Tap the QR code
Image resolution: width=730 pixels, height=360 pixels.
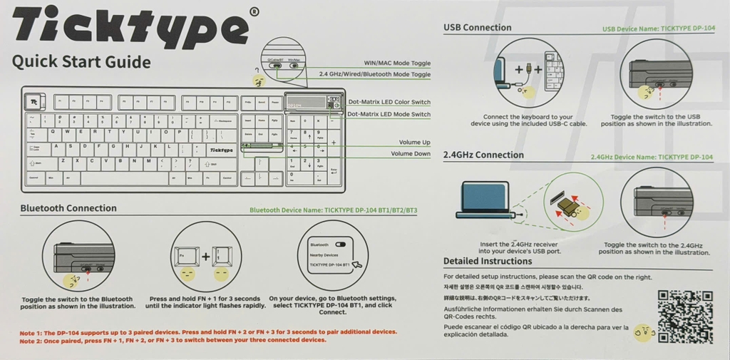click(684, 317)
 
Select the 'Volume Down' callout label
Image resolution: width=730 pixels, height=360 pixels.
click(411, 154)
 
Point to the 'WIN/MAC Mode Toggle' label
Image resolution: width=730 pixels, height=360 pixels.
click(397, 63)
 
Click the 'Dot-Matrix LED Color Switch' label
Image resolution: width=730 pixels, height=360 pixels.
click(389, 103)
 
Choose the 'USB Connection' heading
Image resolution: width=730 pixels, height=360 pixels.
click(477, 28)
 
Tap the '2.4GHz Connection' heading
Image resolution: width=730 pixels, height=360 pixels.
click(483, 155)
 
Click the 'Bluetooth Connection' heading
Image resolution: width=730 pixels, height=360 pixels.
click(68, 208)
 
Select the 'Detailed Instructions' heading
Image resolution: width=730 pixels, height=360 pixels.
click(488, 261)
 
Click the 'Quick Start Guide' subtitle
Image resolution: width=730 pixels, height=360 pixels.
click(81, 62)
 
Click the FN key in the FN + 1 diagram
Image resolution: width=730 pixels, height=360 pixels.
click(186, 257)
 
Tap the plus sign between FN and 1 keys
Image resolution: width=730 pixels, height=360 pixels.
click(205, 257)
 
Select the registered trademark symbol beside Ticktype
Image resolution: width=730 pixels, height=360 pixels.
click(255, 11)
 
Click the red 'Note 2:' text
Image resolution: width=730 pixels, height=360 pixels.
click(31, 340)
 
